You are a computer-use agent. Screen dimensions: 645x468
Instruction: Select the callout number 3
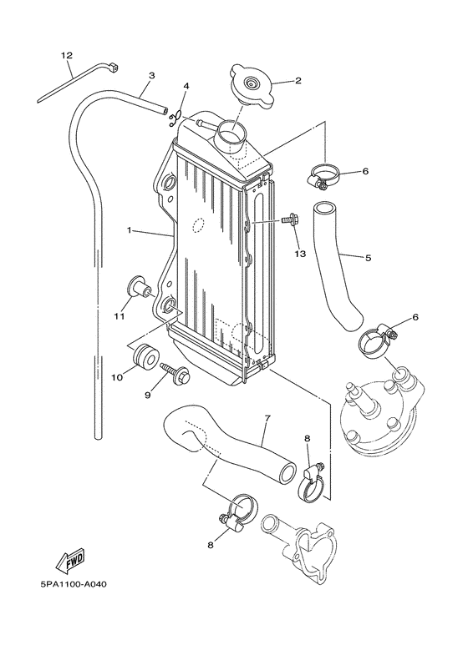click(x=151, y=76)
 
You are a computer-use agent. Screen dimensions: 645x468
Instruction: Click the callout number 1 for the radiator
click(x=130, y=229)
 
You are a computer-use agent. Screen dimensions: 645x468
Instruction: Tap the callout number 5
click(x=368, y=258)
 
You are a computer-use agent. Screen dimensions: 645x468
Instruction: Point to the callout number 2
click(x=297, y=81)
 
